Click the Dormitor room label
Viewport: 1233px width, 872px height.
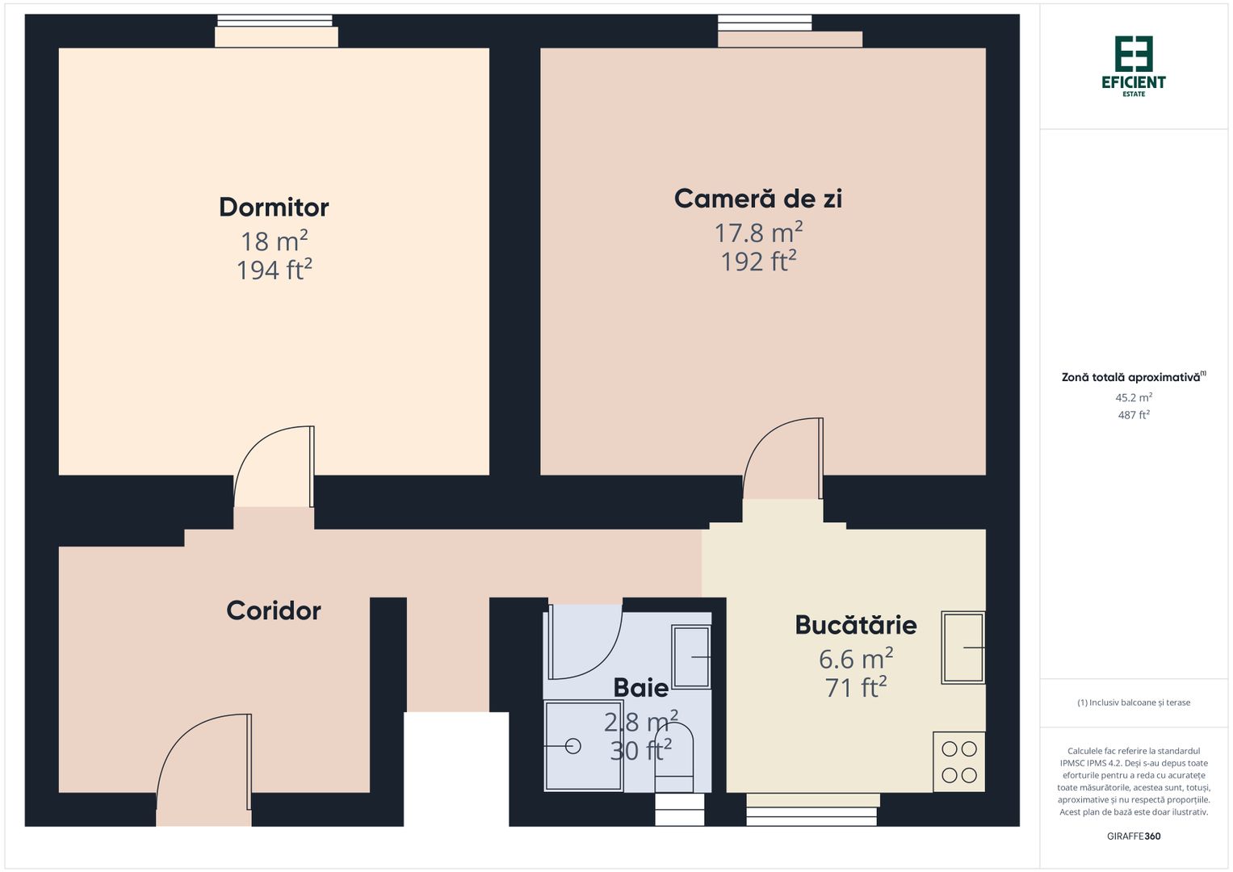pos(274,208)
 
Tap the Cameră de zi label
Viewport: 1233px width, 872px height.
pos(757,199)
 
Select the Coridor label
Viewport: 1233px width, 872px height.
pos(273,610)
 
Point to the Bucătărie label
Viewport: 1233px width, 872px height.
pos(855,625)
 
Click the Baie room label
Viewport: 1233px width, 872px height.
pos(640,688)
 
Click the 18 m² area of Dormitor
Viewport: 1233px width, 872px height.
pos(274,241)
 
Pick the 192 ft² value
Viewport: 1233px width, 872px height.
pos(758,262)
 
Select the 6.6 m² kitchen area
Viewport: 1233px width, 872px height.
pos(855,659)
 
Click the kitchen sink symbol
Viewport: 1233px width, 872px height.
pos(962,648)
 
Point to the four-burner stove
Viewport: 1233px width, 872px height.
pos(958,761)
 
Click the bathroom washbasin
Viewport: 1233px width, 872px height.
pos(691,657)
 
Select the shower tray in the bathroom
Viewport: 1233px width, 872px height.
pos(583,746)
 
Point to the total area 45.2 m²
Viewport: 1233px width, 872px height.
pos(1133,397)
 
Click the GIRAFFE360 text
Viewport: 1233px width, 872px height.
pos(1133,836)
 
